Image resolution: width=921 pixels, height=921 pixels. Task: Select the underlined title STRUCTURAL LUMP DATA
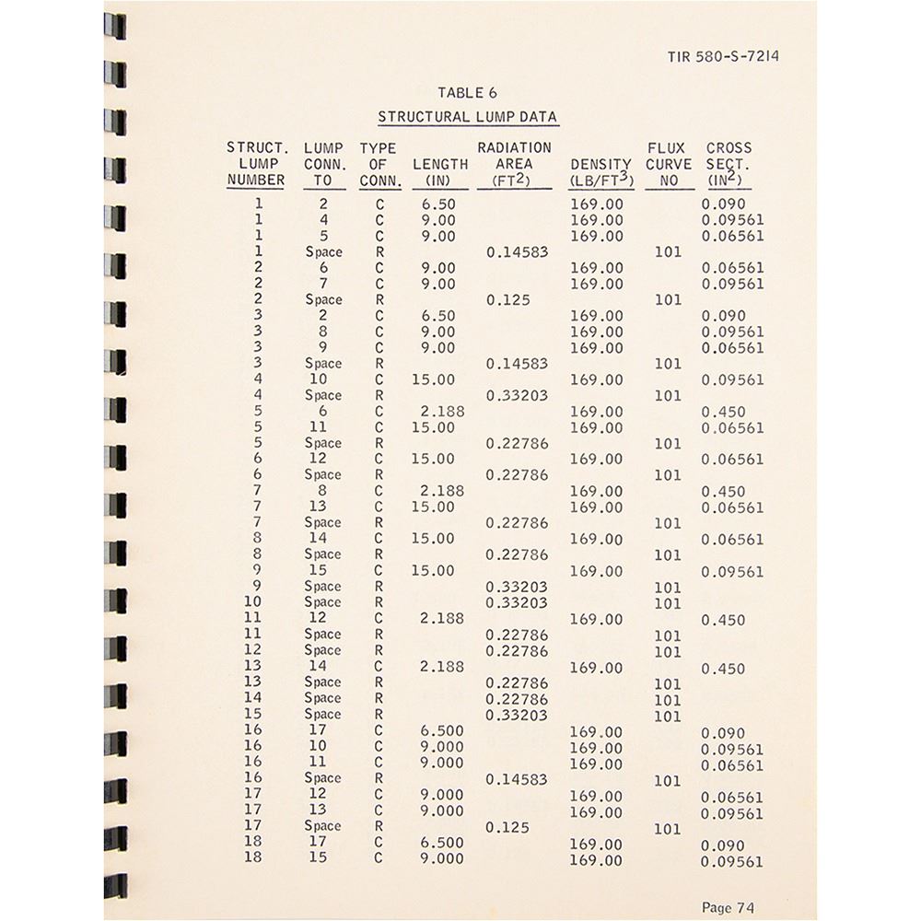pos(468,117)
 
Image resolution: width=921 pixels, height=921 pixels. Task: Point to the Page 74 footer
pos(729,907)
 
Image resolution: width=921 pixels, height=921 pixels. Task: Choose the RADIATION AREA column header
pos(514,164)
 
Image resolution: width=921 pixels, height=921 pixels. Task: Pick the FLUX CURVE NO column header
pos(669,164)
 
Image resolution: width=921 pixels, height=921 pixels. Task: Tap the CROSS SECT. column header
pos(729,164)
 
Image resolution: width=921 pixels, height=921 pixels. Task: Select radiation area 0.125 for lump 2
pos(509,300)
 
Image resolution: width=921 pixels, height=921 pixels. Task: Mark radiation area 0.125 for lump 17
pos(509,827)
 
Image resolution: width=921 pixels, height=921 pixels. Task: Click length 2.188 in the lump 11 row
pos(442,619)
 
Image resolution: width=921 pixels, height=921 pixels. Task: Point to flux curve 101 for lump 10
pos(667,604)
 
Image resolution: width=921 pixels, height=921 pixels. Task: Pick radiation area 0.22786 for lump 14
pos(517,699)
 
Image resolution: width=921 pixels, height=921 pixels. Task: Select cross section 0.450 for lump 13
pos(723,669)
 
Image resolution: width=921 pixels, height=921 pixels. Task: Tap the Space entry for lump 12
pos(323,650)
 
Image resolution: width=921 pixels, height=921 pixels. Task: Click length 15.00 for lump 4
pos(433,379)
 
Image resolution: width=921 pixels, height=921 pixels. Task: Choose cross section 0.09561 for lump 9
pos(732,572)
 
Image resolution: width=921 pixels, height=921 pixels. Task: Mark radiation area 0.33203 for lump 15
pos(517,715)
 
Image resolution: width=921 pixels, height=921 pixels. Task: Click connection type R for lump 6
pos(379,474)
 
